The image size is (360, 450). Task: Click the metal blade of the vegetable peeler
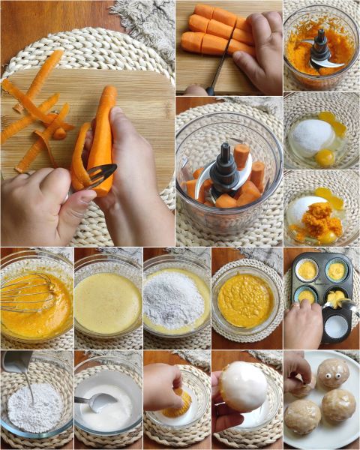[99, 177]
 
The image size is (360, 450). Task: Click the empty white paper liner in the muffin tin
[336, 325]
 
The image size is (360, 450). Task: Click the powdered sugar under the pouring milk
[34, 409]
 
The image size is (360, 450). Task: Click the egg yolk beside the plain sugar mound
[325, 157]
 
